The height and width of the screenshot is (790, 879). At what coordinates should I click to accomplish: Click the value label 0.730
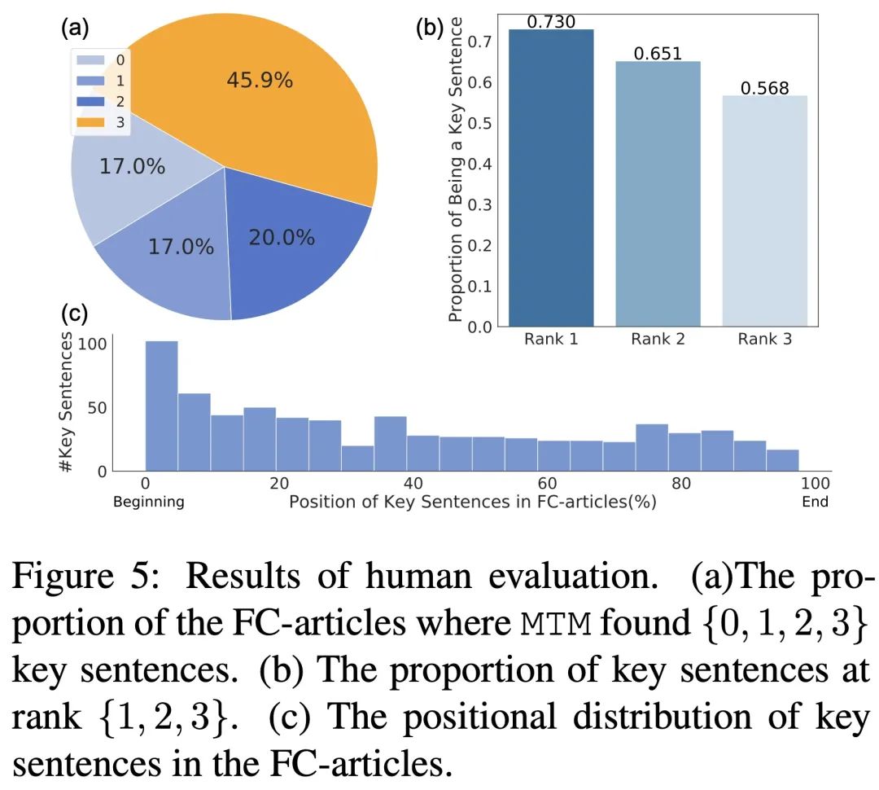coord(551,22)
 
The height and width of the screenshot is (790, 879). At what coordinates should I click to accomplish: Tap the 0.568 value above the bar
coord(764,88)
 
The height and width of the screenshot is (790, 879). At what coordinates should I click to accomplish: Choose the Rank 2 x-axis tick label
coord(658,340)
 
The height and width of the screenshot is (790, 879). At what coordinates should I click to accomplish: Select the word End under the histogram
coord(815,502)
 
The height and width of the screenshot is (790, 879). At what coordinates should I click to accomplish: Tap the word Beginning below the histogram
coord(149,502)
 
